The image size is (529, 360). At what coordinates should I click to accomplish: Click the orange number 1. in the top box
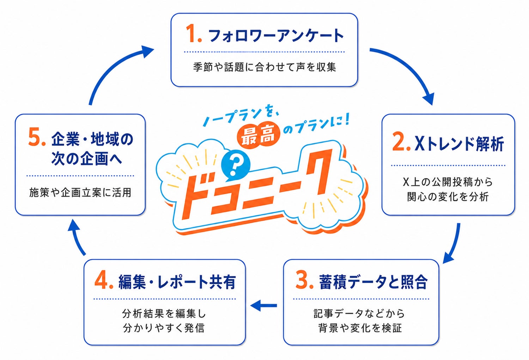pos(194,34)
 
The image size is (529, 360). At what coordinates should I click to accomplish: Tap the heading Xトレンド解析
pos(459,143)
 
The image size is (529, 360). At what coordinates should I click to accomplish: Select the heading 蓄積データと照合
pos(373,282)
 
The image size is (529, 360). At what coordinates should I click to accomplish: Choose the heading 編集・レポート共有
pos(177,282)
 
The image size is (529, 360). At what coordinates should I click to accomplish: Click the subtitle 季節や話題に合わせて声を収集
pos(264,67)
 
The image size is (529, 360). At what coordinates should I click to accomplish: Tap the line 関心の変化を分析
pos(448,197)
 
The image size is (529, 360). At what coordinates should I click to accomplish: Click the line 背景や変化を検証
pos(360,328)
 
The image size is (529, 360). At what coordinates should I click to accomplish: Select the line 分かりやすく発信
pos(164,328)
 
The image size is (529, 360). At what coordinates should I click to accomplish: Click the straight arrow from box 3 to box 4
pos(263,305)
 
